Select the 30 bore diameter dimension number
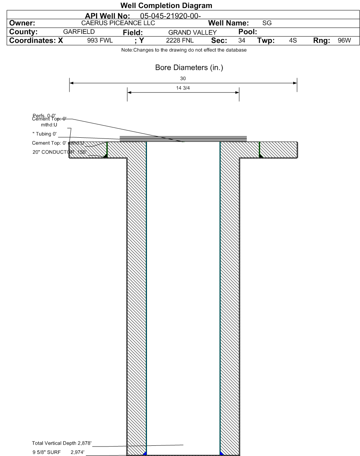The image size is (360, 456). [183, 79]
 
